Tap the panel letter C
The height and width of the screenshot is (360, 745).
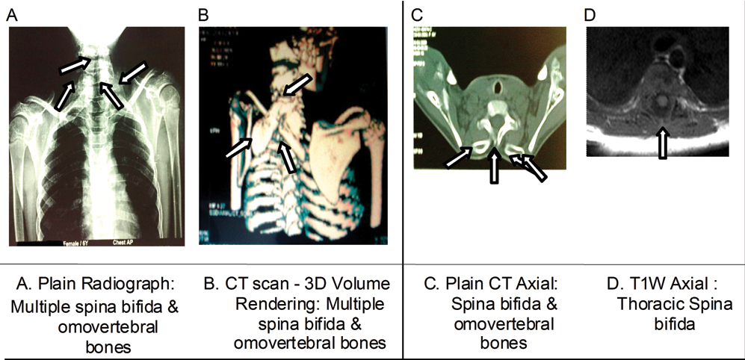pyautogui.click(x=418, y=13)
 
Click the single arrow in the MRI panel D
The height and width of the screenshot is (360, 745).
pyautogui.click(x=661, y=143)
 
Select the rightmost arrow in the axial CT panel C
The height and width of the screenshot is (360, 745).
pyautogui.click(x=533, y=166)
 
